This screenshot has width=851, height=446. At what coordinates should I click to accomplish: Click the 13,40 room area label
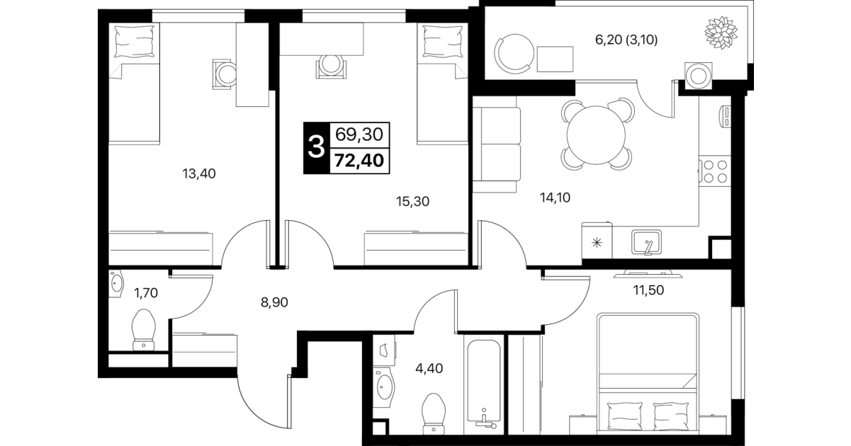pos(199,174)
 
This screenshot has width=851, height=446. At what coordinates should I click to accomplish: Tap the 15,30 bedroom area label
pos(412,202)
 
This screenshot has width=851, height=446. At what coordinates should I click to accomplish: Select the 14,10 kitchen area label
pos(555,198)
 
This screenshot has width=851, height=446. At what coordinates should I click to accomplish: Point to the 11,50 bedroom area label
pos(648,290)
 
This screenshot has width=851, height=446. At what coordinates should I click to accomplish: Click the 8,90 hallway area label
pos(274,302)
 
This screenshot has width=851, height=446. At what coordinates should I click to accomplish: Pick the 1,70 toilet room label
pos(146,293)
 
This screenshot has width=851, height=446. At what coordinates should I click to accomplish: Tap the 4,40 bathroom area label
pos(429,369)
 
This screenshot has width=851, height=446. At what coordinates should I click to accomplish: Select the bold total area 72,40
pos(359,161)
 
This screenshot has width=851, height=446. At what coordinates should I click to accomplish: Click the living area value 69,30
pos(359,135)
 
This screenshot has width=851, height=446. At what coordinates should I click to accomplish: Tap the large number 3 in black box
pos(316,148)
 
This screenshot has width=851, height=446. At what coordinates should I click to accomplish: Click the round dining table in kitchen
pos(596,135)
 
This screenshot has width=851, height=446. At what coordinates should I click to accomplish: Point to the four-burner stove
pos(715,171)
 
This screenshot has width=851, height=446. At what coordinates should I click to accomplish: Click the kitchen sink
pos(646,242)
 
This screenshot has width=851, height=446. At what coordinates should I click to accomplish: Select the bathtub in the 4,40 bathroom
pos(484,385)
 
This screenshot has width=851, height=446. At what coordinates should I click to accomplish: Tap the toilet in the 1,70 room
pos(144,329)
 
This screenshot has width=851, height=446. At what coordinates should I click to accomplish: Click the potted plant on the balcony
pos(721,33)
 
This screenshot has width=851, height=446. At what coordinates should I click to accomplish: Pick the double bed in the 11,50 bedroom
pos(648,374)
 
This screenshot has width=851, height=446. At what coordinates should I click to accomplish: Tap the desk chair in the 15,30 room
pos(331,67)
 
